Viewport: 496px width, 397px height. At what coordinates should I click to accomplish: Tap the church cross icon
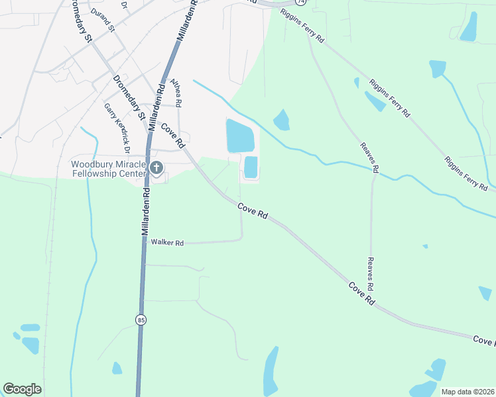click(x=156, y=167)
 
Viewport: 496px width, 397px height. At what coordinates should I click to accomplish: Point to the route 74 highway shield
click(x=301, y=3)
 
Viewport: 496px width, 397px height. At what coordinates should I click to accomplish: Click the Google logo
click(x=22, y=389)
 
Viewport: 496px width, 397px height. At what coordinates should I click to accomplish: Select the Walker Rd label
click(x=166, y=243)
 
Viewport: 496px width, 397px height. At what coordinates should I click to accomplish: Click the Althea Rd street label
click(x=176, y=93)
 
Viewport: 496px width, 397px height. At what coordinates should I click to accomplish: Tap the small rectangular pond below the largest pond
click(x=251, y=167)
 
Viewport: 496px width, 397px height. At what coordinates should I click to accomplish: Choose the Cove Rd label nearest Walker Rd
click(x=254, y=211)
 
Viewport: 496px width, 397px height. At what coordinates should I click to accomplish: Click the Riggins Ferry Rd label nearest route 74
click(x=302, y=26)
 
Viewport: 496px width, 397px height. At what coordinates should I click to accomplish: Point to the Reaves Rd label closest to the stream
click(x=369, y=157)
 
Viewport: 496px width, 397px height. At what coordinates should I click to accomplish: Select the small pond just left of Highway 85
click(x=117, y=368)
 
